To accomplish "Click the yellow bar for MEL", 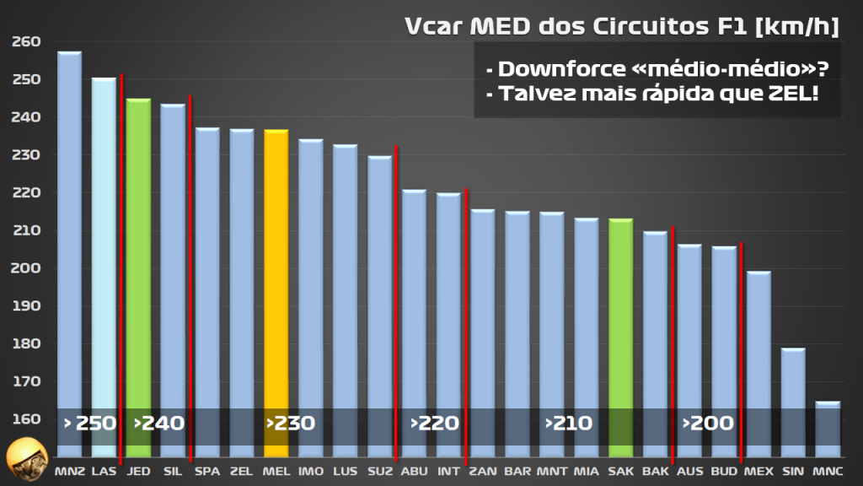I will click(x=276, y=270).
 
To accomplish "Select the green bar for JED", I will click(x=138, y=253).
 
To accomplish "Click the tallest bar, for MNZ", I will click(x=69, y=236).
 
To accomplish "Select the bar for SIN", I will click(x=792, y=397).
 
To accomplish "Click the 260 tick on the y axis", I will click(x=26, y=41).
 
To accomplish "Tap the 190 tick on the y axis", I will click(x=26, y=306).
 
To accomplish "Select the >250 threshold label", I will click(x=90, y=423).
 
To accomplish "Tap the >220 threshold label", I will click(x=434, y=423).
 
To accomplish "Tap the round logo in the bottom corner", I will click(x=26, y=459).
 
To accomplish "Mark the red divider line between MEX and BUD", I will click(x=741, y=354).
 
